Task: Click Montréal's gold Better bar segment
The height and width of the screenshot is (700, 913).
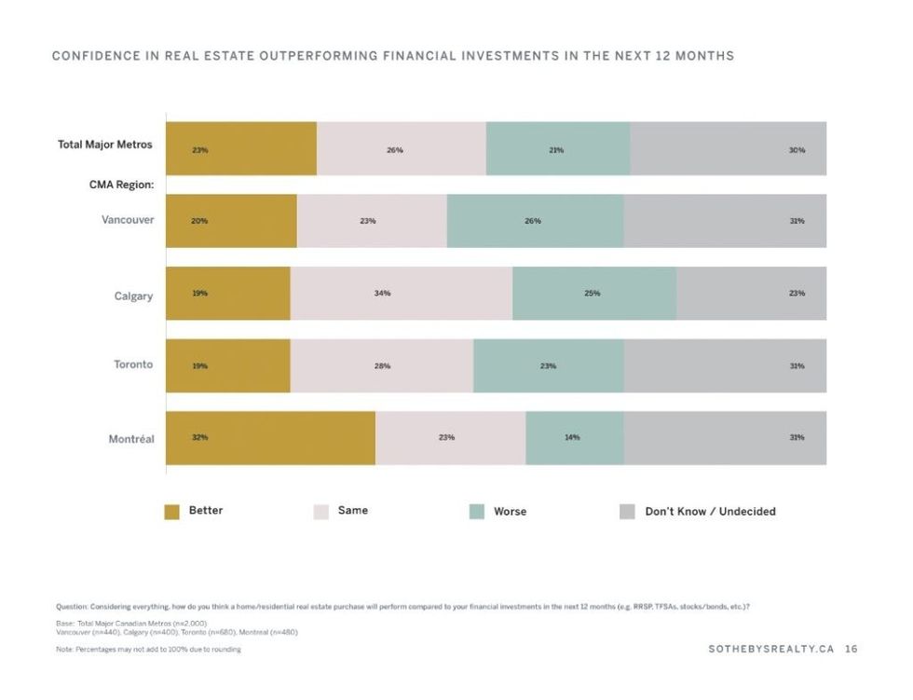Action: coord(270,438)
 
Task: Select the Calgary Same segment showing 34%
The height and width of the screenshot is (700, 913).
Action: coord(401,294)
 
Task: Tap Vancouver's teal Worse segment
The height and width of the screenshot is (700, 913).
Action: coord(535,222)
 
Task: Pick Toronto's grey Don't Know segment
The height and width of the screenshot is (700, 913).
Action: coord(725,366)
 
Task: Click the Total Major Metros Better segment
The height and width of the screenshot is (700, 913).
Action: coord(241,149)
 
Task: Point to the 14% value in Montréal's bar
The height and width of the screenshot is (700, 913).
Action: coord(572,438)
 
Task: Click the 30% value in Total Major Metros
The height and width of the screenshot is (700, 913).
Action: coord(797,150)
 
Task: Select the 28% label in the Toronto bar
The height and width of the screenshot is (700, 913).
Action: coord(382,366)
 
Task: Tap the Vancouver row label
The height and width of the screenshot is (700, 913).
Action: coord(128,220)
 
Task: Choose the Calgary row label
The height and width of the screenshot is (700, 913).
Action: coord(133,295)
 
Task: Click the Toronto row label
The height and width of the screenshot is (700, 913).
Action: coord(133,364)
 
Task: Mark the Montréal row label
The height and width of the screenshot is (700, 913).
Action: coord(131,438)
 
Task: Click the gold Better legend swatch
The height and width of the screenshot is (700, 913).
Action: coord(171,512)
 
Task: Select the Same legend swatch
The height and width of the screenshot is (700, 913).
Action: coord(321,512)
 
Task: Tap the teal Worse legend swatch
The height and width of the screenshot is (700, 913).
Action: coord(476,512)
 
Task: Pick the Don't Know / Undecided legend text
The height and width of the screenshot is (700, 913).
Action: coord(710,512)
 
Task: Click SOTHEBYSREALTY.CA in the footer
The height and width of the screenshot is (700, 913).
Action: coord(770,649)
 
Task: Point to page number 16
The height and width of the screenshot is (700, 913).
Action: coord(851,649)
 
